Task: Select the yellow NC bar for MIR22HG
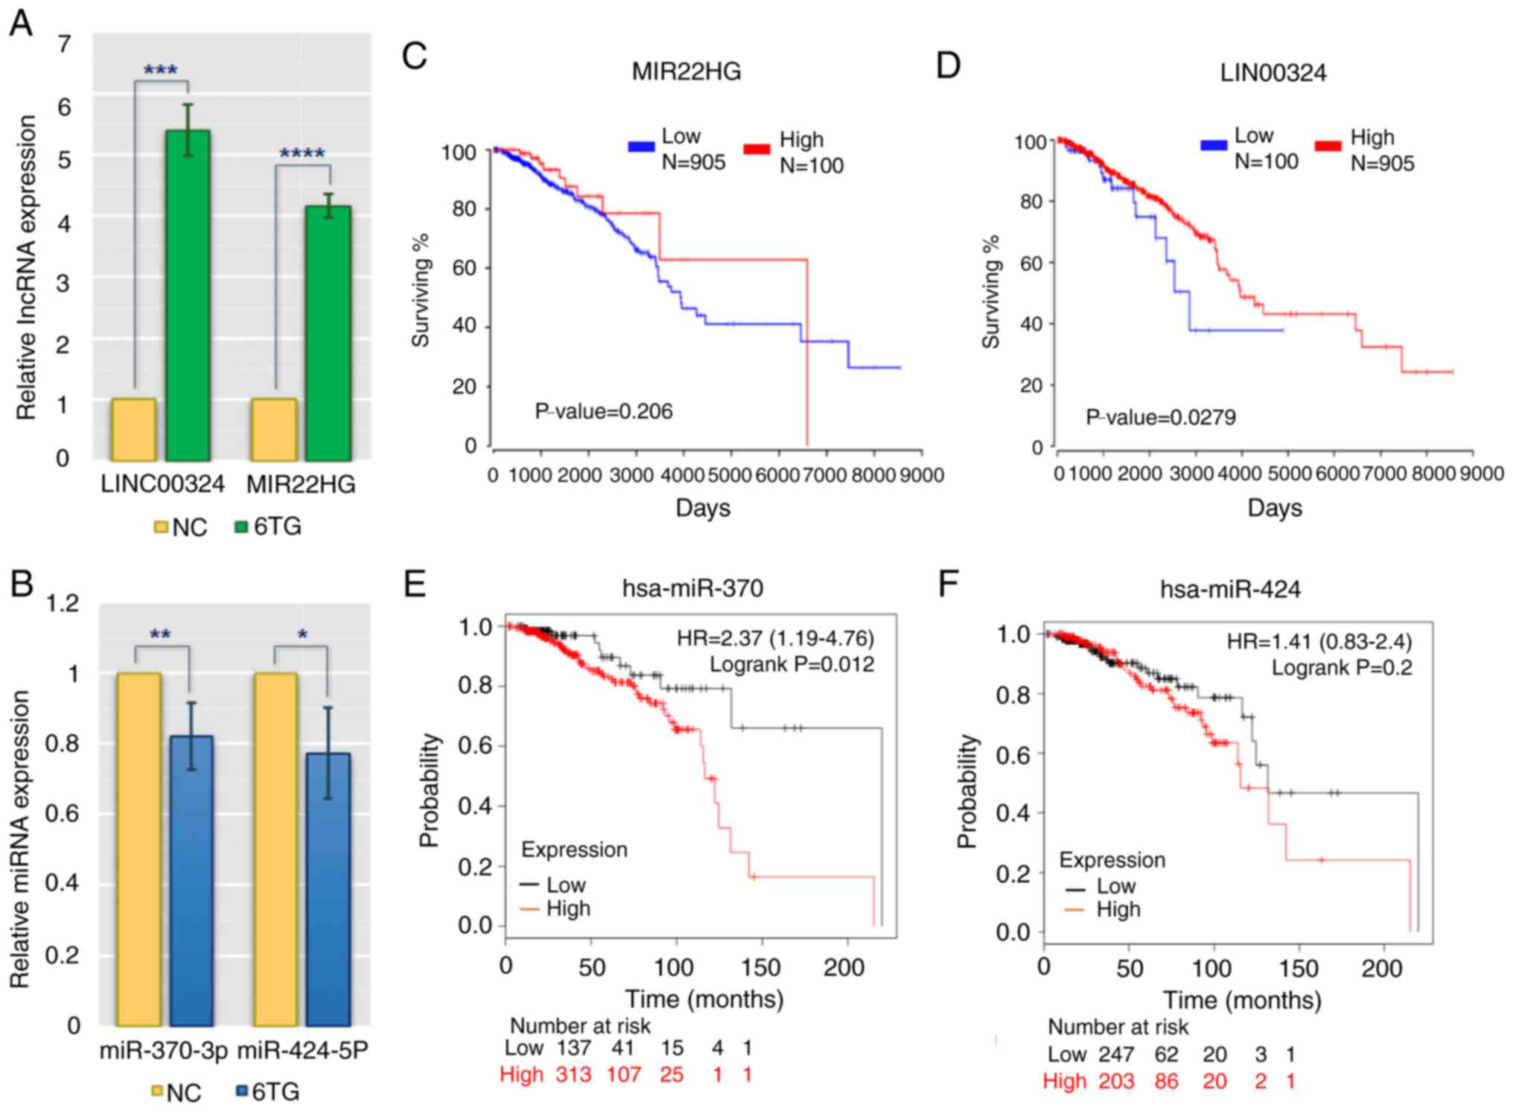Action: (x=275, y=430)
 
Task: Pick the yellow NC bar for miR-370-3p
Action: (x=139, y=849)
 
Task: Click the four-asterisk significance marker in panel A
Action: (x=302, y=154)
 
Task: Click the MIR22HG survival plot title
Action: (x=686, y=71)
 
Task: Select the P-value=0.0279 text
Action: (x=1160, y=417)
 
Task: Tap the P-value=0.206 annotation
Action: (x=603, y=411)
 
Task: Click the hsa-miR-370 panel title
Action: (x=692, y=588)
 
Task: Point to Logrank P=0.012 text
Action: (x=791, y=664)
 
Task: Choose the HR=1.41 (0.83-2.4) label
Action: (x=1319, y=641)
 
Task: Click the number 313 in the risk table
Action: (x=573, y=1075)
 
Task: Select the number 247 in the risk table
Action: (x=1115, y=1054)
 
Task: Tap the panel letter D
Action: (x=948, y=66)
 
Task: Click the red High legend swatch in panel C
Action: (x=756, y=150)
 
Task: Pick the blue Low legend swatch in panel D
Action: (x=1213, y=146)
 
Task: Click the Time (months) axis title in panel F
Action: (x=1242, y=1000)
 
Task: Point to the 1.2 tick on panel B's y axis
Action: (x=63, y=602)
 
